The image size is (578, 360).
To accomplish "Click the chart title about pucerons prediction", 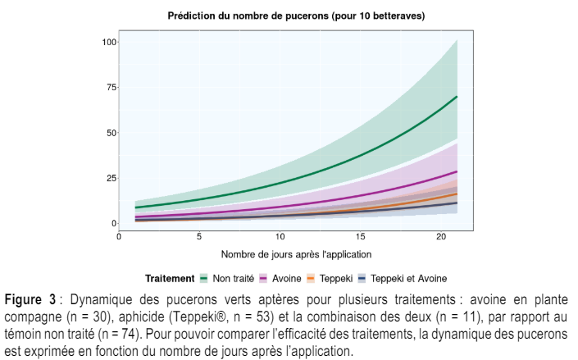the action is [296, 16].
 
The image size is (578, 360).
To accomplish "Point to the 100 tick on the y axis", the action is [109, 42].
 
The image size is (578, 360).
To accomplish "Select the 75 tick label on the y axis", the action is [112, 88].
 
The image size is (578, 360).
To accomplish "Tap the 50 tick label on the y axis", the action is [112, 133].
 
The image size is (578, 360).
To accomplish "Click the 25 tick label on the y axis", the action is [112, 178].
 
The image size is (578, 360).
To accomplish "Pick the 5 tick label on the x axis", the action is [199, 236].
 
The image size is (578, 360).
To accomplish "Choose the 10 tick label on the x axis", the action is [280, 236].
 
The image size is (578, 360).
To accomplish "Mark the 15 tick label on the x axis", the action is [360, 236].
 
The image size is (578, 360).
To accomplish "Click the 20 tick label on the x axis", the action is [441, 236].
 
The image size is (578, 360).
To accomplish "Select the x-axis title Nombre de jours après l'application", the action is [296, 254].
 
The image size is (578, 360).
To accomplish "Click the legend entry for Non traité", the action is [227, 279].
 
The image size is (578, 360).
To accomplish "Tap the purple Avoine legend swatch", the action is [263, 279].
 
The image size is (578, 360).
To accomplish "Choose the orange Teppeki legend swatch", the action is [311, 279].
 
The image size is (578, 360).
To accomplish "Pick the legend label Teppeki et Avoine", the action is [408, 279].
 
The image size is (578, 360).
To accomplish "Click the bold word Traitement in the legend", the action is [170, 279].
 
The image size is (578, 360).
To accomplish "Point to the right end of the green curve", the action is [457, 97].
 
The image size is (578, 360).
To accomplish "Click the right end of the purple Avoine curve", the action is [457, 171].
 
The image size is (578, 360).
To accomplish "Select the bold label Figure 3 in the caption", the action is [30, 299].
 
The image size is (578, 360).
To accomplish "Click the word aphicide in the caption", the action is [142, 317].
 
